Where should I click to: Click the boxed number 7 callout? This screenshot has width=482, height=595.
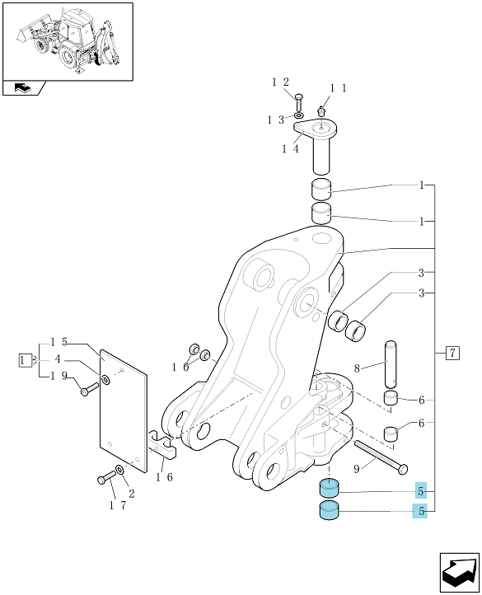pos(452,354)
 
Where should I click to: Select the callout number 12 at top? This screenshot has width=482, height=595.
pos(280,82)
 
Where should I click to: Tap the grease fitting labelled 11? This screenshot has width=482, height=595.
pos(321,111)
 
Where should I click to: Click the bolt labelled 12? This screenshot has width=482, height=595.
pos(298,101)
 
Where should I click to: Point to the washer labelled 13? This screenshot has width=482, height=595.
pos(299,115)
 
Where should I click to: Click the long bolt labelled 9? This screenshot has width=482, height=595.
pos(381,457)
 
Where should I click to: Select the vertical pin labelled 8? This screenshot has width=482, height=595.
pos(391,363)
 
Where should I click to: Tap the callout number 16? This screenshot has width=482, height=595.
pos(164,477)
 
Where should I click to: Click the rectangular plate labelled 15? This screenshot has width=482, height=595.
pos(123,411)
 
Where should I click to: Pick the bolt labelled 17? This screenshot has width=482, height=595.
pos(106,477)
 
